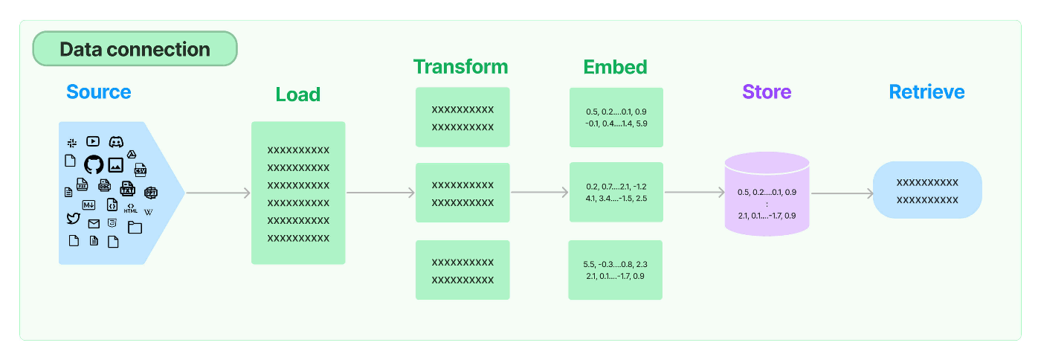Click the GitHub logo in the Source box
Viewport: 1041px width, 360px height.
[94, 164]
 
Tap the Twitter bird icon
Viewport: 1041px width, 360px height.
[74, 218]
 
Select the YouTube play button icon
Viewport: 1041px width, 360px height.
[93, 141]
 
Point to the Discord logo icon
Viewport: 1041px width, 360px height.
[116, 141]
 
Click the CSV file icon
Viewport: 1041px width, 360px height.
[141, 170]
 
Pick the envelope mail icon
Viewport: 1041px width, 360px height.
[94, 224]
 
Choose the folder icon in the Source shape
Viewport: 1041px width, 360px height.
[135, 227]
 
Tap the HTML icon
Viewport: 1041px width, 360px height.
[131, 208]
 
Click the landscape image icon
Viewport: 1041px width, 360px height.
[116, 164]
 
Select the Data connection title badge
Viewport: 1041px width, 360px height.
[135, 49]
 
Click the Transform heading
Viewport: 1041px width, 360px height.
[460, 67]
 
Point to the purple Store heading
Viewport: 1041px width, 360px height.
[767, 91]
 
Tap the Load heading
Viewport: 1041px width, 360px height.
[298, 94]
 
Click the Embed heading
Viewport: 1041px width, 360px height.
[616, 67]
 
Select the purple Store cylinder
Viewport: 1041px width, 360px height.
[767, 194]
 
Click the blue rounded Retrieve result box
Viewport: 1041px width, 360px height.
[927, 190]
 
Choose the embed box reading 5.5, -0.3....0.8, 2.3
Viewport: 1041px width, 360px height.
[616, 270]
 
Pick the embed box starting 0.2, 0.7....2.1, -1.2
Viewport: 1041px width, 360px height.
[616, 192]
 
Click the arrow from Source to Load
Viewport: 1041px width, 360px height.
[219, 193]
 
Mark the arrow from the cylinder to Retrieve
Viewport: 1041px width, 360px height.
[842, 193]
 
